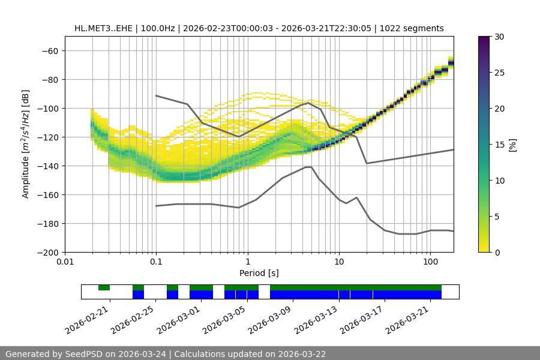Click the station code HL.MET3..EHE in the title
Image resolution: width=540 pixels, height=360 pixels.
pyautogui.click(x=105, y=28)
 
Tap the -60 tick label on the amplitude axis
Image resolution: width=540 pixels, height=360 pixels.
pyautogui.click(x=49, y=50)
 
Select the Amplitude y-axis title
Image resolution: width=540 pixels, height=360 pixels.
pyautogui.click(x=26, y=144)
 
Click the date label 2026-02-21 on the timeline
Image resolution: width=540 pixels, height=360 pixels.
pyautogui.click(x=89, y=319)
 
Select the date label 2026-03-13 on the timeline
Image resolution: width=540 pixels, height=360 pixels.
pyautogui.click(x=317, y=319)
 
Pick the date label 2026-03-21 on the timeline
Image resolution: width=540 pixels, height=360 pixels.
pyautogui.click(x=409, y=319)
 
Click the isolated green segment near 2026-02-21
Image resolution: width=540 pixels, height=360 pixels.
pyautogui.click(x=104, y=287)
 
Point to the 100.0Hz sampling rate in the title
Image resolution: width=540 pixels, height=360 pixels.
pyautogui.click(x=159, y=28)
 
